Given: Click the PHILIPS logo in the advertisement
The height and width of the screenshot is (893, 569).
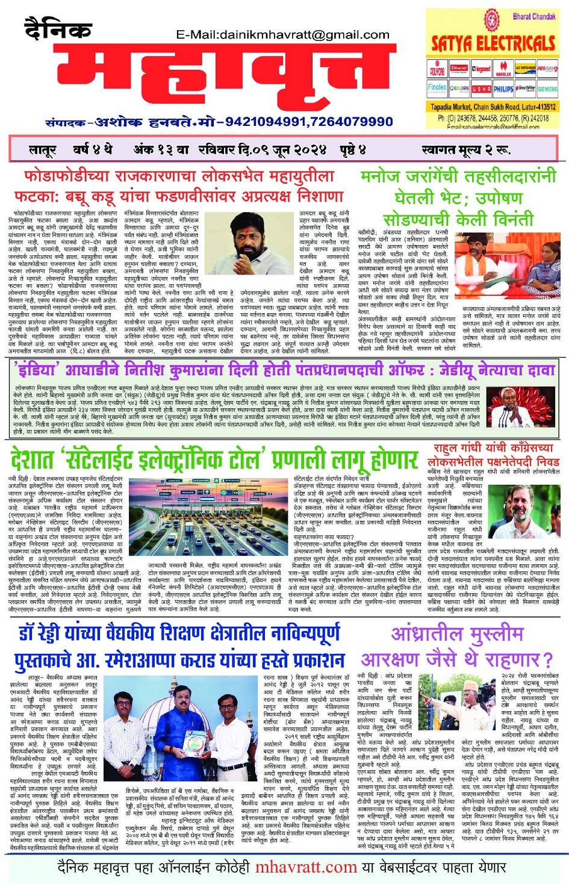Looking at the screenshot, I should click(503, 89).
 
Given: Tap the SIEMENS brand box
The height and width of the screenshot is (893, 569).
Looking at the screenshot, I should click(547, 89).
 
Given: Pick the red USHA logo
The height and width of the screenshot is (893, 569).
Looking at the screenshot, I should click(481, 89).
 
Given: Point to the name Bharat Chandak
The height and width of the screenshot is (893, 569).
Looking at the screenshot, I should click(533, 16).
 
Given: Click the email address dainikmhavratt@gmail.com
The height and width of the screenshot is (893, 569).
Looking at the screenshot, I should click(282, 35).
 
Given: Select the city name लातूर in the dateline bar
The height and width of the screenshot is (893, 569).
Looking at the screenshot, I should click(43, 149).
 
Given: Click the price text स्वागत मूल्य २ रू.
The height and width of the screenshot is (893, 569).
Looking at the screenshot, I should click(465, 149).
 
